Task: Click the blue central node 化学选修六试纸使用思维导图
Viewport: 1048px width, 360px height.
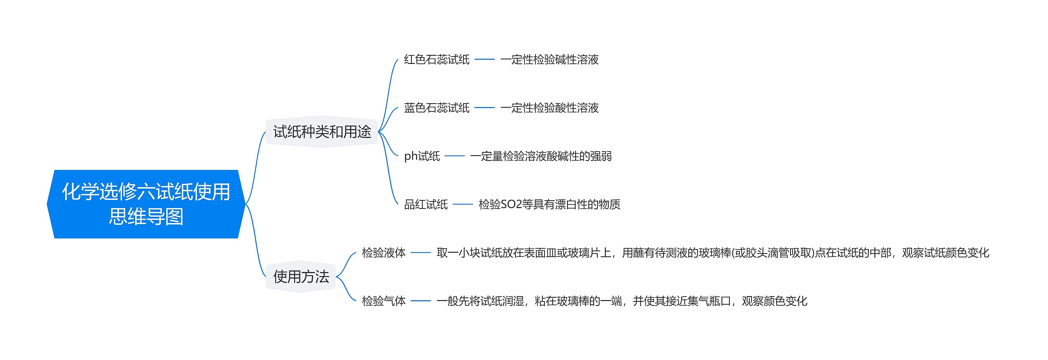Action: (146, 204)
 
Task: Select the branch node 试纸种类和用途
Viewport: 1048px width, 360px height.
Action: (322, 132)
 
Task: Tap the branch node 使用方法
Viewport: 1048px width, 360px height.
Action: (301, 277)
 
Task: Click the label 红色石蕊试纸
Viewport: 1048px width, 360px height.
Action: (436, 60)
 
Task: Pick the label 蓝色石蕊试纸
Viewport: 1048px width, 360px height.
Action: (436, 108)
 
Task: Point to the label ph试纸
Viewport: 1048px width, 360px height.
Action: (422, 156)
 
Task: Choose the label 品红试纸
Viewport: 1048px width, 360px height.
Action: (426, 204)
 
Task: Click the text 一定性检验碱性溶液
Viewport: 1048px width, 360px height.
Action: (549, 60)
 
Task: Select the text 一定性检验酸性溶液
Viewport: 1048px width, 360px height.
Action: (549, 108)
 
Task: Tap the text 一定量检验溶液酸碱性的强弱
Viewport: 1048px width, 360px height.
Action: (541, 156)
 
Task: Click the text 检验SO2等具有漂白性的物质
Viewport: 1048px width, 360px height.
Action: (549, 204)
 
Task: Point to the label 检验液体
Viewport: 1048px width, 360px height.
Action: (384, 253)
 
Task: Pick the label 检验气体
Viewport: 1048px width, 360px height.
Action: (384, 301)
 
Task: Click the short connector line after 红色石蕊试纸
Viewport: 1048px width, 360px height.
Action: (485, 60)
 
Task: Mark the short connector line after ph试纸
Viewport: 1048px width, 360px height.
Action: (455, 156)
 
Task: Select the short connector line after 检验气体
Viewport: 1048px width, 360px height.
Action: (421, 301)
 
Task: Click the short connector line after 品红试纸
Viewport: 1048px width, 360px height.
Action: (463, 204)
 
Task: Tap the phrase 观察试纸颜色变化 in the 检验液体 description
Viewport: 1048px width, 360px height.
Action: (946, 253)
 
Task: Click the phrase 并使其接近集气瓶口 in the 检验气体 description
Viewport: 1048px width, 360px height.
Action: (682, 301)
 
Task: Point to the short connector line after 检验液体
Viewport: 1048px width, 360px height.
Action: (421, 253)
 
